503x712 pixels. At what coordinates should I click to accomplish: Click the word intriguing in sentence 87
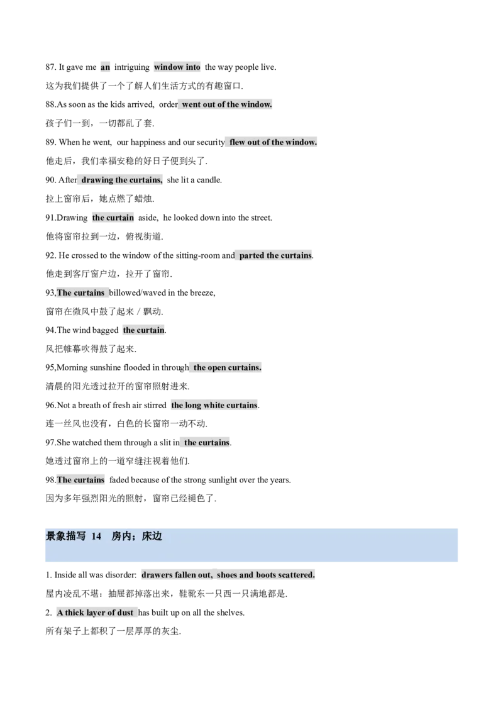pyautogui.click(x=131, y=67)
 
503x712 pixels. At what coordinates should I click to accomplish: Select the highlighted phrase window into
pyautogui.click(x=177, y=67)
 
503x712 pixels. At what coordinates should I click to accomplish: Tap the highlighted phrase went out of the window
pyautogui.click(x=227, y=104)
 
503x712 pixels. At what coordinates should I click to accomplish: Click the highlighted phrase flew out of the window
pyautogui.click(x=274, y=142)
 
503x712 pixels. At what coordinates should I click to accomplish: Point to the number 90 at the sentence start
pyautogui.click(x=50, y=180)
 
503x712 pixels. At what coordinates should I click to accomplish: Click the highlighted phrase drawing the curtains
pyautogui.click(x=122, y=180)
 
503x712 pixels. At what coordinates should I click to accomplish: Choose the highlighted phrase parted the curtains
pyautogui.click(x=275, y=255)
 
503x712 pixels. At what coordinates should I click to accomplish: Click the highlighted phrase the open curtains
pyautogui.click(x=228, y=367)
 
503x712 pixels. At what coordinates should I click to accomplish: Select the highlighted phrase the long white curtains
pyautogui.click(x=214, y=405)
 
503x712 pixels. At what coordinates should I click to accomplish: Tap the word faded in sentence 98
pyautogui.click(x=119, y=480)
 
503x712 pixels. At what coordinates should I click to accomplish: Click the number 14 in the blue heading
pyautogui.click(x=96, y=537)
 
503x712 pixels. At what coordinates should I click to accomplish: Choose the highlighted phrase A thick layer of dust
pyautogui.click(x=95, y=613)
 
